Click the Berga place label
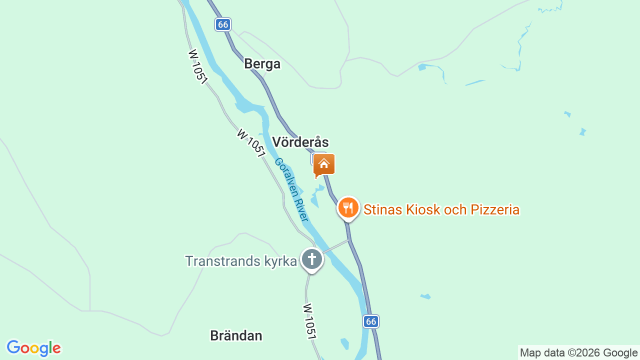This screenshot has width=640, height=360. [262, 64]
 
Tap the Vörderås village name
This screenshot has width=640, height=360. [300, 142]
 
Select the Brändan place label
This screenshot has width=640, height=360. [236, 335]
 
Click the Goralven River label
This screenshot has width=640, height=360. [290, 189]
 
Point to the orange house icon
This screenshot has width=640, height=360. [324, 164]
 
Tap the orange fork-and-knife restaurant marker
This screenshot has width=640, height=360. [348, 207]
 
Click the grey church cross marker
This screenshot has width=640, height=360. [312, 259]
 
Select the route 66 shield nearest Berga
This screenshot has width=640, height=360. [223, 24]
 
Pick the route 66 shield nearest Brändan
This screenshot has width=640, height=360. [370, 321]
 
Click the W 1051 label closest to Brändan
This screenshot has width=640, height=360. [310, 321]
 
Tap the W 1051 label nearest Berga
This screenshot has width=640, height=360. [197, 66]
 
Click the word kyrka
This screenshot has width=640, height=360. [279, 261]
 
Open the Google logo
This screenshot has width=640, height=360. [33, 348]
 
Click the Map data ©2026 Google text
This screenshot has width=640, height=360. [578, 352]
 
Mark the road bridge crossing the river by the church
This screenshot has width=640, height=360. [335, 246]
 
